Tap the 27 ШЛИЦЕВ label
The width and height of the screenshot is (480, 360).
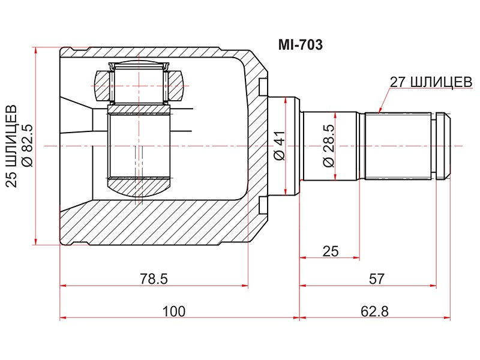click(x=430, y=83)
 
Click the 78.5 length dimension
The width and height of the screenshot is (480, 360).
click(x=152, y=278)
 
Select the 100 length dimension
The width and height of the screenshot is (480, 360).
click(x=173, y=311)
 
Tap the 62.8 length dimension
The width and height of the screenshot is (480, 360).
click(x=372, y=311)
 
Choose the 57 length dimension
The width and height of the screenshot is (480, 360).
click(x=376, y=278)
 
